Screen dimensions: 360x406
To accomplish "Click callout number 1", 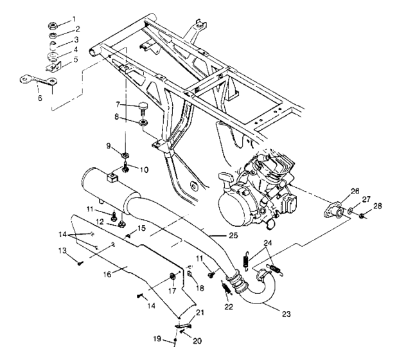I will tap(73, 19).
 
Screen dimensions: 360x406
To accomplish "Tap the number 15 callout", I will tap(142, 228).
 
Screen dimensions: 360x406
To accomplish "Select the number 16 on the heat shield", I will tap(107, 273).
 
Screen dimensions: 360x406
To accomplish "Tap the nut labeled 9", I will tap(125, 155).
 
